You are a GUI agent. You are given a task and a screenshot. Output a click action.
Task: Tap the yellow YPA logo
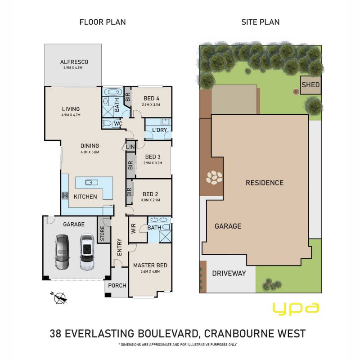pyautogui.click(x=296, y=309)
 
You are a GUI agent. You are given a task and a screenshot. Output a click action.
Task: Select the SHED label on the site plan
pyautogui.click(x=310, y=85)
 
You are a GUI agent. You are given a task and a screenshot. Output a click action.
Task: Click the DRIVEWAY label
pyautogui.click(x=229, y=273)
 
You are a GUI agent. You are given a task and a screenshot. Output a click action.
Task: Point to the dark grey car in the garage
pyautogui.click(x=62, y=252)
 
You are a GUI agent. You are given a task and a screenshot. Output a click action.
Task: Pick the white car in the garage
pyautogui.click(x=87, y=252)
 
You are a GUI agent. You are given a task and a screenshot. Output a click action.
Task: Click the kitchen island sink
pyautogui.click(x=91, y=183)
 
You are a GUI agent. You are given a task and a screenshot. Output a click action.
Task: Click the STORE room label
pyautogui.click(x=103, y=234)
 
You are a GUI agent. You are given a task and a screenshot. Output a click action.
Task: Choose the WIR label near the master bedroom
pyautogui.click(x=133, y=229)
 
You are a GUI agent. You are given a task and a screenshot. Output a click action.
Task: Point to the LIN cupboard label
pyautogui.click(x=130, y=147)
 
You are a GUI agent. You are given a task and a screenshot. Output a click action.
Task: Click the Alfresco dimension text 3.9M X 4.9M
pyautogui.click(x=73, y=68)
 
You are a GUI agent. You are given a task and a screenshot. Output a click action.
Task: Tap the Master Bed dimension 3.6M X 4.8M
pyautogui.click(x=150, y=271)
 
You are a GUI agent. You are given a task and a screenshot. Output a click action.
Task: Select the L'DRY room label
pyautogui.click(x=160, y=130)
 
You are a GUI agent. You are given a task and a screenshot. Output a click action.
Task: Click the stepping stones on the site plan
pyautogui.click(x=214, y=177)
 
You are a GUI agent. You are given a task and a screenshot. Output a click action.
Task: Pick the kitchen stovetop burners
pyautogui.click(x=65, y=195)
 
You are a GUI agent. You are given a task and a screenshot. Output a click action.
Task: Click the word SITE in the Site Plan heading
pyautogui.click(x=250, y=22)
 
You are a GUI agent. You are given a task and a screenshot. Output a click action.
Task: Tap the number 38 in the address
pyautogui.click(x=55, y=333)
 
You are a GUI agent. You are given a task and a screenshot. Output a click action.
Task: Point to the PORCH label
pyautogui.click(x=117, y=286)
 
